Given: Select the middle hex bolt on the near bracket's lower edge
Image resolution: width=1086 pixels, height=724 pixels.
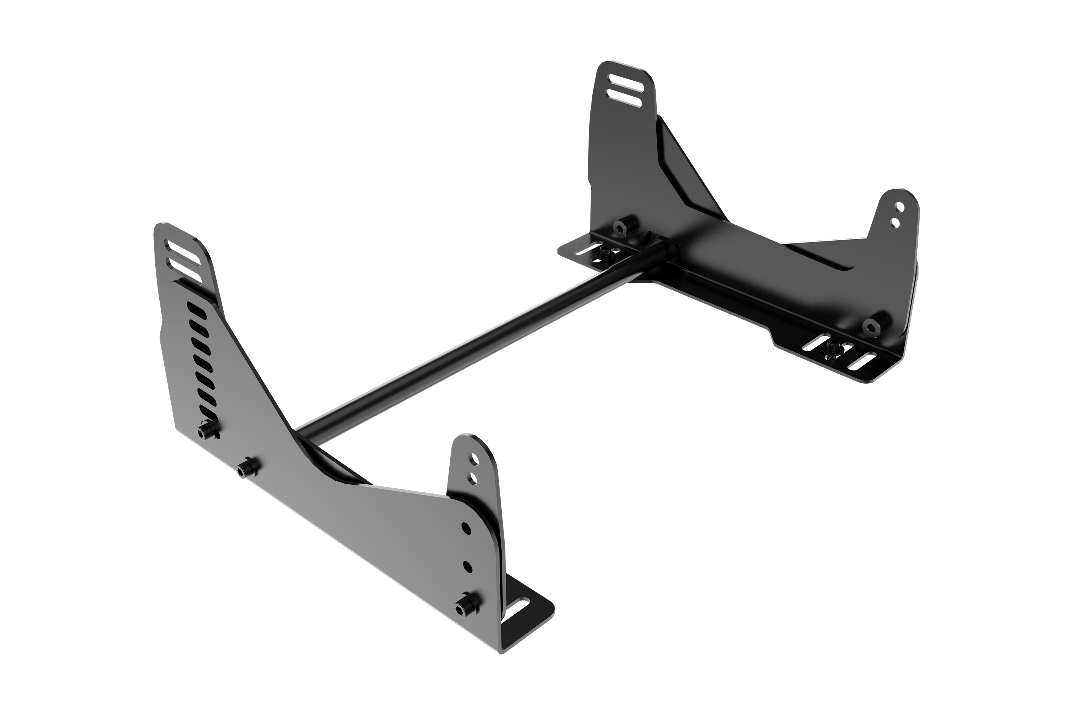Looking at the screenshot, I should click(x=247, y=469).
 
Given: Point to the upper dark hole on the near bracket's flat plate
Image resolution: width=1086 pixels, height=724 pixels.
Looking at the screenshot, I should click(x=466, y=528).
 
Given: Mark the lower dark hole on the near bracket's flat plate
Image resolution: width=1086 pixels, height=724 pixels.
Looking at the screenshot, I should click(x=467, y=566).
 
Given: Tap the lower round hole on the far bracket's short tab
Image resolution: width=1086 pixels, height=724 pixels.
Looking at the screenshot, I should click(x=895, y=223).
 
